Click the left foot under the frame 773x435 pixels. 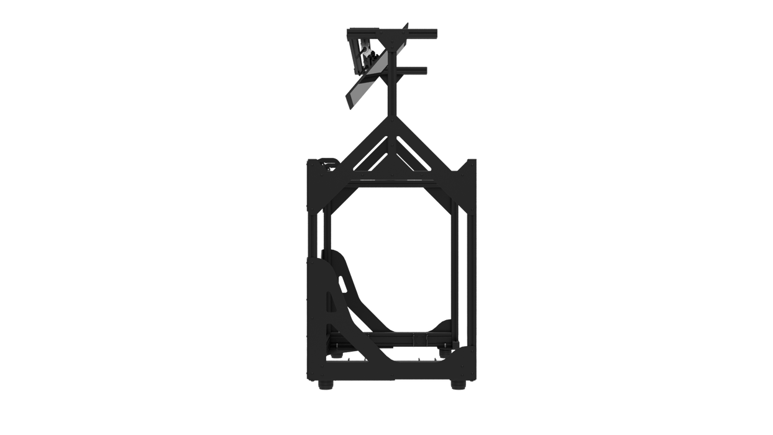pyautogui.click(x=325, y=386)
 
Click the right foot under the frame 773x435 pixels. pyautogui.click(x=457, y=386)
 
